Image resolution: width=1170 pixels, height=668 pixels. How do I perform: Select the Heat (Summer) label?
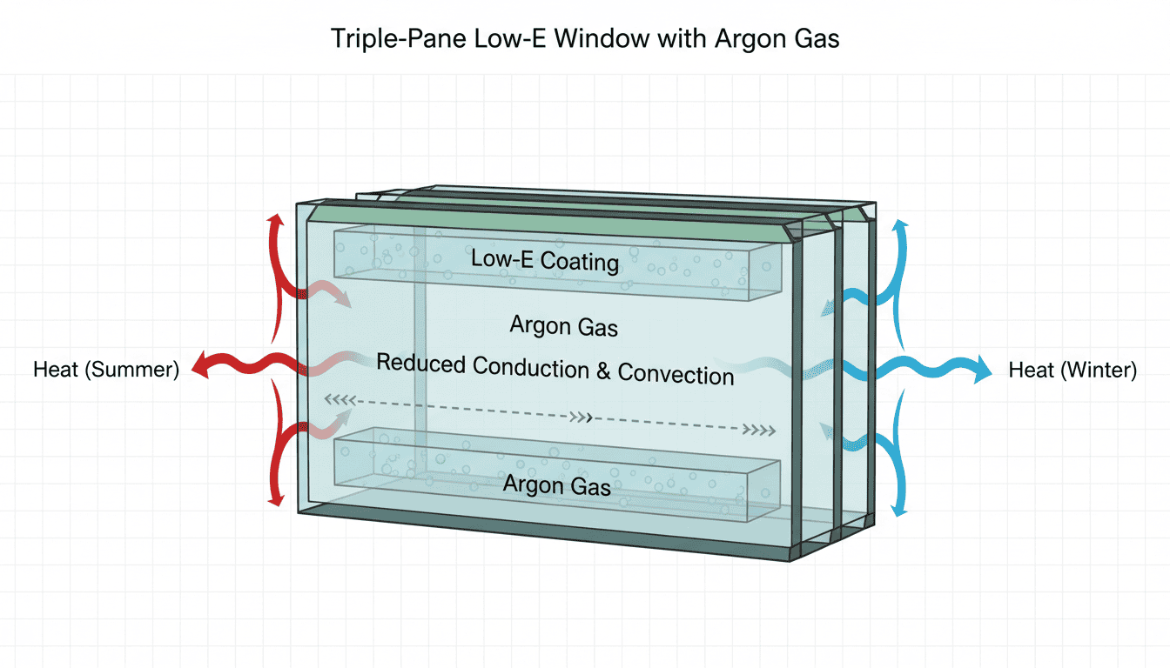pyautogui.click(x=106, y=370)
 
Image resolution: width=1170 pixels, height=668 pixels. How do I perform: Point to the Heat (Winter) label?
pyautogui.click(x=1072, y=371)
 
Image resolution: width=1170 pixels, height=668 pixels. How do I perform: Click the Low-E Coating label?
pyautogui.click(x=545, y=259)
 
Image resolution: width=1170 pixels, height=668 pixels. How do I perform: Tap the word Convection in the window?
pyautogui.click(x=676, y=374)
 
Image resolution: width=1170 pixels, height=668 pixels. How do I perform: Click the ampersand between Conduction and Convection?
pyautogui.click(x=603, y=371)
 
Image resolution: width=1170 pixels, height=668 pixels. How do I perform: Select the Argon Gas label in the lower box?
pyautogui.click(x=557, y=484)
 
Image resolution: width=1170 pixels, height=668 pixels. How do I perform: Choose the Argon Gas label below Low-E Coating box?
pyautogui.click(x=564, y=326)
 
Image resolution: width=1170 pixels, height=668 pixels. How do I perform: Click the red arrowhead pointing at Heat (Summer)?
pyautogui.click(x=199, y=369)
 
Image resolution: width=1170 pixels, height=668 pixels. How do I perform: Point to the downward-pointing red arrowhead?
pyautogui.click(x=276, y=498)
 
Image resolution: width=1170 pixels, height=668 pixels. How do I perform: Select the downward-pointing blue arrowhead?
pyautogui.click(x=900, y=509)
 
